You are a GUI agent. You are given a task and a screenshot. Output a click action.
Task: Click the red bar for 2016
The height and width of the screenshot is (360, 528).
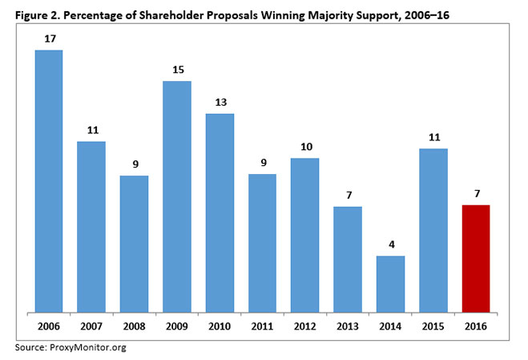[x=477, y=257]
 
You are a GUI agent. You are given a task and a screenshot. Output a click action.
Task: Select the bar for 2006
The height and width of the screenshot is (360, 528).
[x=49, y=180]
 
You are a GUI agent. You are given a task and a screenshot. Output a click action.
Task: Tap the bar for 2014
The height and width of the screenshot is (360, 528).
[x=391, y=283]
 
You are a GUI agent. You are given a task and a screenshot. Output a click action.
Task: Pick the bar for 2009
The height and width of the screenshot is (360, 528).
[x=177, y=196]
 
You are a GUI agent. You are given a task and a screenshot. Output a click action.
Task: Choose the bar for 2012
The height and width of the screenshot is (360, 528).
[x=305, y=234]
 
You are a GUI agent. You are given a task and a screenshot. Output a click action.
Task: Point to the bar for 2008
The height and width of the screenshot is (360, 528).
[x=135, y=243]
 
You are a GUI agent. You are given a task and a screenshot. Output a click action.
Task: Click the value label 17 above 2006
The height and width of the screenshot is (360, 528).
[x=49, y=38]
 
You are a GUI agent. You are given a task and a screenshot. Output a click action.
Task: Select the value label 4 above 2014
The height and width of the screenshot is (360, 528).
[x=391, y=243]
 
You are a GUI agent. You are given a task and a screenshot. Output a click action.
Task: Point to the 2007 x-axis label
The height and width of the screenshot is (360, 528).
[x=91, y=326]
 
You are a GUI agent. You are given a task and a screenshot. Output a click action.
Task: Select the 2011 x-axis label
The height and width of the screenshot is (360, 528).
[x=263, y=326]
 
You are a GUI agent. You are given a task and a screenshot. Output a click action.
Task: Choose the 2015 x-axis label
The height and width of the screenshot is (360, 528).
[x=433, y=326]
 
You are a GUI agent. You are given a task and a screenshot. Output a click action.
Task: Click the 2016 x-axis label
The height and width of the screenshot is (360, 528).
[x=477, y=326]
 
